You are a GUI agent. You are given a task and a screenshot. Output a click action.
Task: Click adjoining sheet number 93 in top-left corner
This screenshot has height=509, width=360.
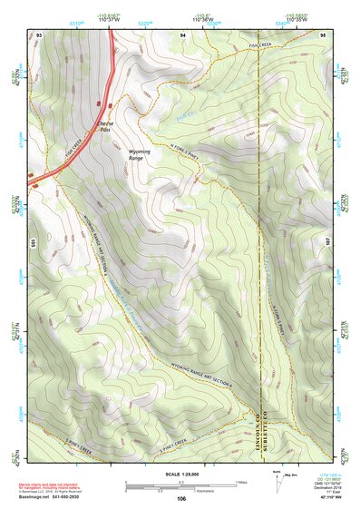tap(40, 34)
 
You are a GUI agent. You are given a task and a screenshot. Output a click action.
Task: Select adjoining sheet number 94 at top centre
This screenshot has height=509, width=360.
tap(182, 34)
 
